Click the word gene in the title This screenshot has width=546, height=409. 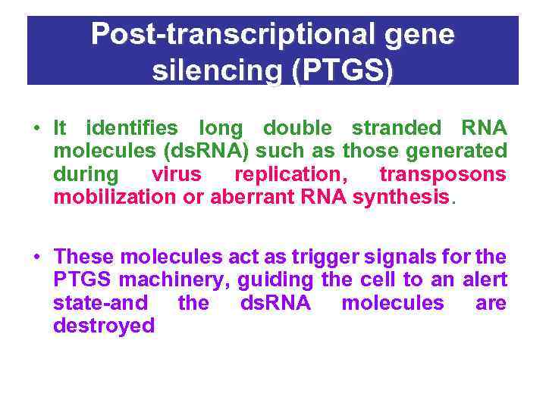point(423,34)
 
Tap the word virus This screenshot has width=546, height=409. point(176,174)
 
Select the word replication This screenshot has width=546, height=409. point(290,174)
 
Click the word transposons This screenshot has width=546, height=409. point(442,174)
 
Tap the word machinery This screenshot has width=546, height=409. point(177,279)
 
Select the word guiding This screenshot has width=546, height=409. point(275,279)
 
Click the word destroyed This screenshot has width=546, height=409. point(104,326)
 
